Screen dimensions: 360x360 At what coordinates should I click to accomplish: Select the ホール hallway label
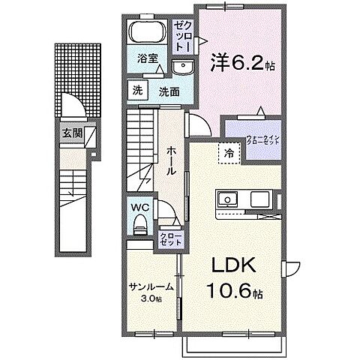click(x=170, y=159)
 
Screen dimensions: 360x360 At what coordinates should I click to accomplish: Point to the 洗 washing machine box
click(x=138, y=91)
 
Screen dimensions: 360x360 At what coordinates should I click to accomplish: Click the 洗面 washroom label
click(x=168, y=91)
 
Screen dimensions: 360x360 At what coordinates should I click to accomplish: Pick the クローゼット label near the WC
click(x=169, y=240)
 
